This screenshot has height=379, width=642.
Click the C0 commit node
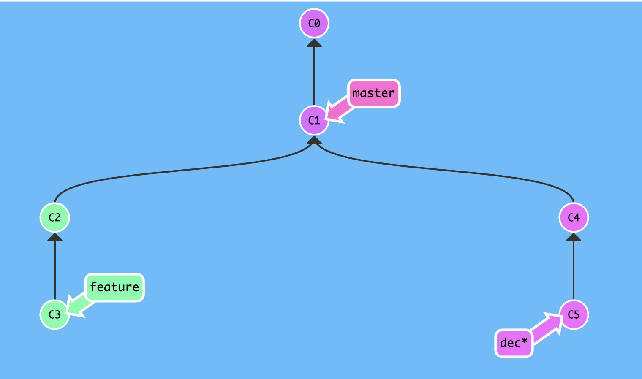click(x=314, y=23)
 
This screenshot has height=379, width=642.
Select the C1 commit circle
click(x=314, y=120)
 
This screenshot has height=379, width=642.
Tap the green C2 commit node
click(x=55, y=217)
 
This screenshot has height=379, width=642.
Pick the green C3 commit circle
click(x=55, y=314)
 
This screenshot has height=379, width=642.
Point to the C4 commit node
click(x=574, y=217)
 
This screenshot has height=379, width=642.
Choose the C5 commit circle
click(x=574, y=314)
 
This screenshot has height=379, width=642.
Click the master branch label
click(x=374, y=93)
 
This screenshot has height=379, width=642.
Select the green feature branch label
click(x=114, y=287)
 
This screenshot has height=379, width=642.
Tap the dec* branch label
click(x=514, y=343)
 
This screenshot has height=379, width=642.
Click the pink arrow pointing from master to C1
click(x=340, y=109)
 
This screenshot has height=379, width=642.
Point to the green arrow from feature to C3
click(x=80, y=304)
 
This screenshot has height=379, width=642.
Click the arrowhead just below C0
click(x=314, y=43)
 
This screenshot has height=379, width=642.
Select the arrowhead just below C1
click(x=314, y=140)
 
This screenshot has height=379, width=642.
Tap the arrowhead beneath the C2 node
click(x=55, y=237)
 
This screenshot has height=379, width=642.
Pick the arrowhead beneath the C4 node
click(x=574, y=237)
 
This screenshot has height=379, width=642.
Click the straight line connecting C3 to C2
click(x=55, y=270)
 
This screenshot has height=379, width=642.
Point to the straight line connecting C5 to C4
click(x=574, y=270)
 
